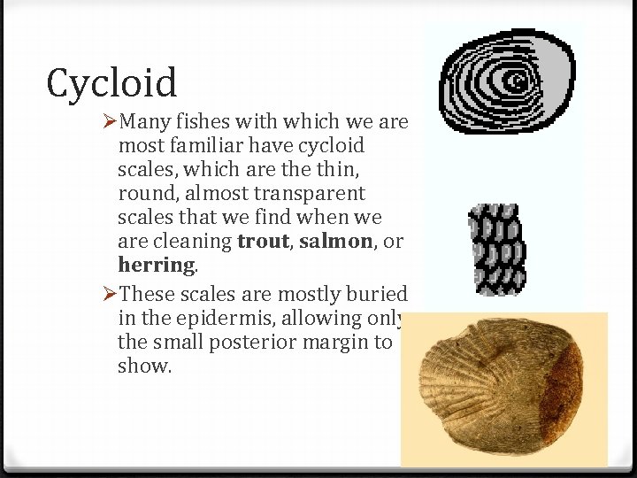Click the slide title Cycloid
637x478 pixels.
pyautogui.click(x=112, y=83)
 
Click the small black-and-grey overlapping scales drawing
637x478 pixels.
pyautogui.click(x=495, y=249)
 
